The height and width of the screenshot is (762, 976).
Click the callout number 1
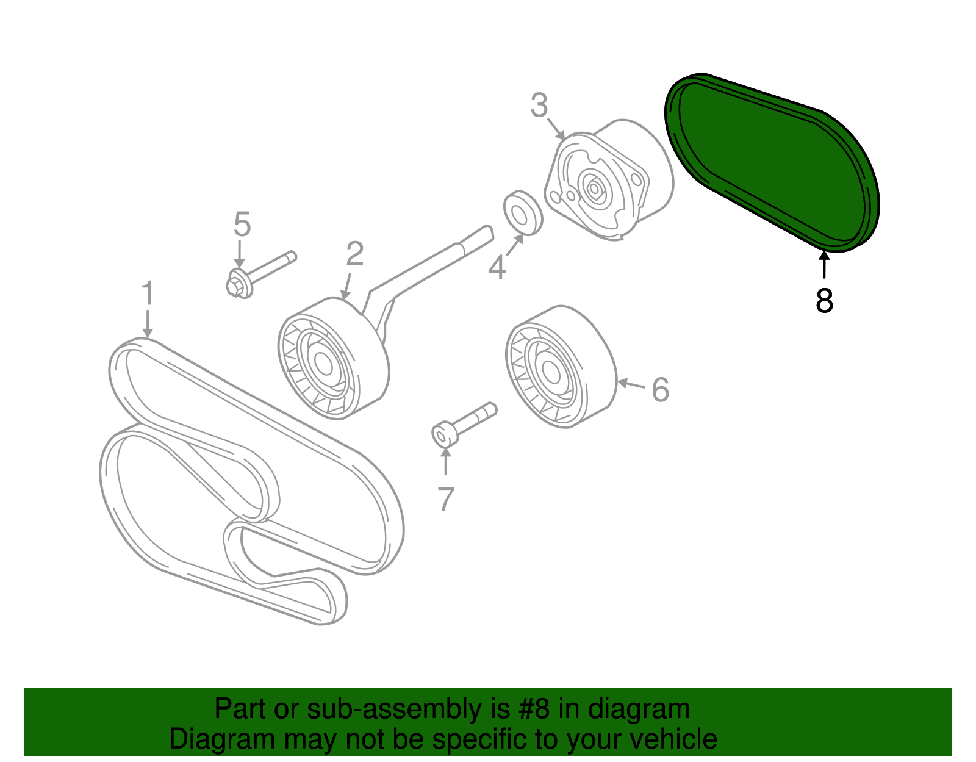[x=147, y=294]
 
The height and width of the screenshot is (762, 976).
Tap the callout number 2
[x=354, y=254]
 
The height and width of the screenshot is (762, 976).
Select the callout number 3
[x=539, y=106]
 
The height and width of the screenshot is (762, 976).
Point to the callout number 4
[x=497, y=268]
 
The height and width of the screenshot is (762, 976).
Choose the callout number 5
[x=242, y=225]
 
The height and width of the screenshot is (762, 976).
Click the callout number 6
[x=660, y=390]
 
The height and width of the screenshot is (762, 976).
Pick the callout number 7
[x=446, y=499]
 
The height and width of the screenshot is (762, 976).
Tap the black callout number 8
[x=824, y=301]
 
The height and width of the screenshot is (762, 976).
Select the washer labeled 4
[x=523, y=213]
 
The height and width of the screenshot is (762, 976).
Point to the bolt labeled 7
[x=464, y=423]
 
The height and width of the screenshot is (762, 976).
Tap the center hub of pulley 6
[x=549, y=373]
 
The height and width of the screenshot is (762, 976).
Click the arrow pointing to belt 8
[x=824, y=266]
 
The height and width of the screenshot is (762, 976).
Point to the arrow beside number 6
[x=631, y=384]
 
